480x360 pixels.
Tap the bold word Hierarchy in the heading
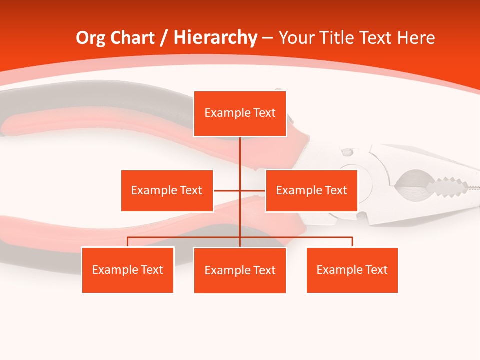[x=215, y=38]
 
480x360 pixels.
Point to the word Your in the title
[x=297, y=38]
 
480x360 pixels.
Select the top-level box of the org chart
[x=240, y=113]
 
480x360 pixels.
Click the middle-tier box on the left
[x=167, y=190]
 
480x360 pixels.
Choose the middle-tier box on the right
[x=311, y=190]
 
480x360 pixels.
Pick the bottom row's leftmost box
[x=128, y=270]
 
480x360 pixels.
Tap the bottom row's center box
[x=240, y=270]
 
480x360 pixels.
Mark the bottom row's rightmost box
[x=352, y=270]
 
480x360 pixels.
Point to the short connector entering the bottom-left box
[x=128, y=242]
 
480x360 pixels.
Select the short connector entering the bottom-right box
[x=352, y=242]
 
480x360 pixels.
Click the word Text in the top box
[x=264, y=113]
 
